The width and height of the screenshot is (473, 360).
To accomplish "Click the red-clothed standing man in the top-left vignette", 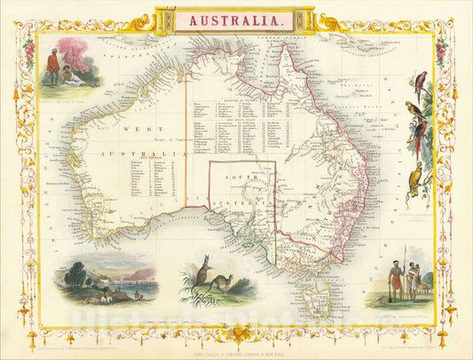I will (x=53, y=68).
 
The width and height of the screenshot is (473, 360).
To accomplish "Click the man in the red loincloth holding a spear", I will (x=398, y=281).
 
